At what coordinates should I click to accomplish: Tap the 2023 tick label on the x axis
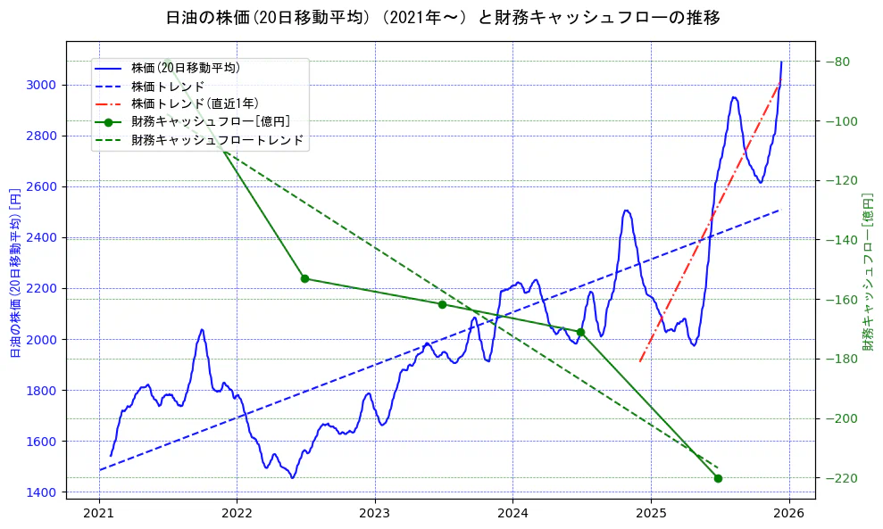[375, 513]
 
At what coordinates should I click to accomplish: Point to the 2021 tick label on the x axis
[99, 513]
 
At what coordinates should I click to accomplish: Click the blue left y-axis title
[14, 272]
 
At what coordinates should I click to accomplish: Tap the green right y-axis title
[867, 272]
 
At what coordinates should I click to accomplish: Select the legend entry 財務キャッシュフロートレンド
[217, 140]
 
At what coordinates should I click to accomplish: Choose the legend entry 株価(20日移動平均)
[185, 67]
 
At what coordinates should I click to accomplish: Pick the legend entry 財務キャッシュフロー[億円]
[210, 121]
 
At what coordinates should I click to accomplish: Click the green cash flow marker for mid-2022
[304, 278]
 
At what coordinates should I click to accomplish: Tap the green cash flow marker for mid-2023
[442, 304]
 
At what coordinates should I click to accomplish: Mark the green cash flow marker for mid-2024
[580, 332]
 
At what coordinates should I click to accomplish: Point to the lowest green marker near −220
[718, 478]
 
